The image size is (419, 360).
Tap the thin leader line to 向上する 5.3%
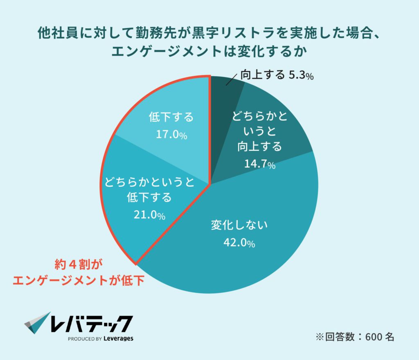point(232,80)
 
